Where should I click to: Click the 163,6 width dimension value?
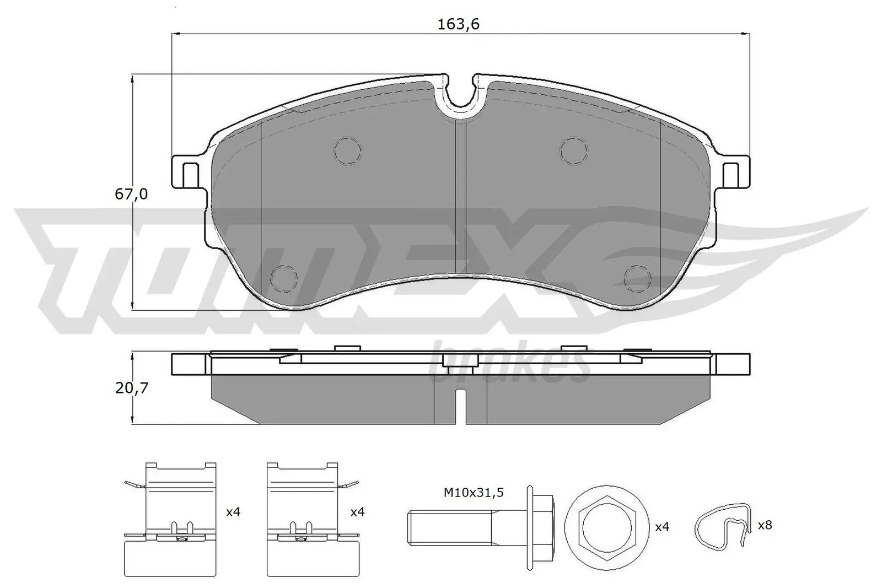[x=459, y=24]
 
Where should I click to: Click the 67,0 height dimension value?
[x=131, y=194]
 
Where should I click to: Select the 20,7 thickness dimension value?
[x=132, y=388]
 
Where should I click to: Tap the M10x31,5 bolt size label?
[x=474, y=492]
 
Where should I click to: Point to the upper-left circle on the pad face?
[x=348, y=150]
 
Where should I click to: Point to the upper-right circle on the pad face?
[x=574, y=150]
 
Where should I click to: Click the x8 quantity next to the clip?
[x=765, y=525]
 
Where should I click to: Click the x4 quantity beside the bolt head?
[x=661, y=527]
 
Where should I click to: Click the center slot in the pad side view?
[x=461, y=405]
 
